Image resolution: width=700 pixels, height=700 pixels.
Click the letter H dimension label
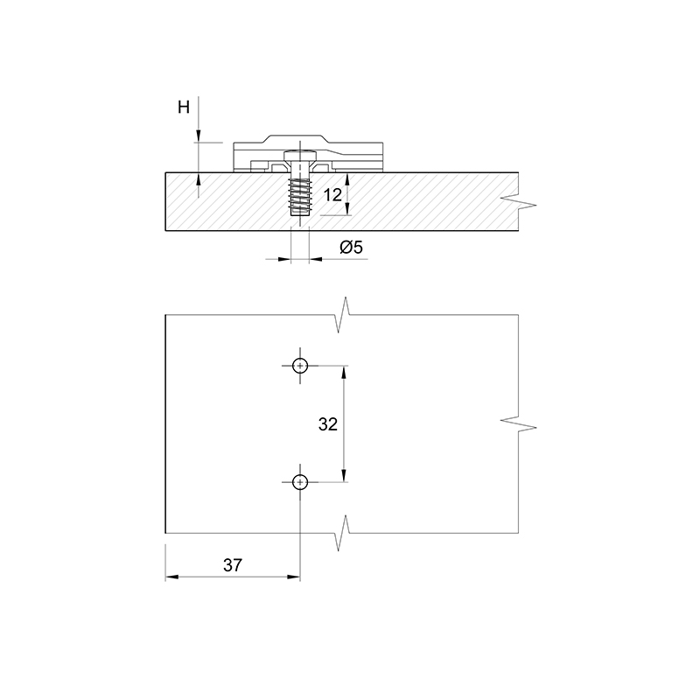click(184, 107)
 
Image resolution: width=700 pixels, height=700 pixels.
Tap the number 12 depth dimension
click(332, 194)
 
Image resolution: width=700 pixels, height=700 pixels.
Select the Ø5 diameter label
click(352, 247)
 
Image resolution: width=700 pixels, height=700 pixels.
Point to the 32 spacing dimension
click(327, 424)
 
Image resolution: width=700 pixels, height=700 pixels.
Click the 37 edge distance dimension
click(233, 565)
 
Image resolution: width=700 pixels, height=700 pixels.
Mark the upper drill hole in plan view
click(300, 366)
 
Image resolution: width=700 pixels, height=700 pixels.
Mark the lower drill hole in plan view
click(300, 482)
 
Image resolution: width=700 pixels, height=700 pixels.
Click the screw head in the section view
click(300, 156)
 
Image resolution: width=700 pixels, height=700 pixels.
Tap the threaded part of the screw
click(300, 196)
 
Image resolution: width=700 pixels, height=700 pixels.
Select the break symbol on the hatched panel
click(519, 201)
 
